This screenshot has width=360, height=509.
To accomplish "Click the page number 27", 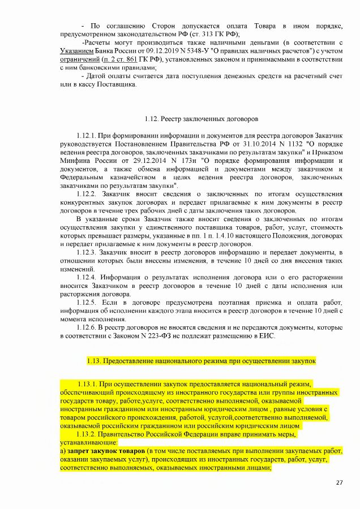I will coord(340,482).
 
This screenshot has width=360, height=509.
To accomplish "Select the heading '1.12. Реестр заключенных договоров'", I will coord(201,119).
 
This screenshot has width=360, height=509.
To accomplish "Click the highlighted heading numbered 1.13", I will coord(201,360).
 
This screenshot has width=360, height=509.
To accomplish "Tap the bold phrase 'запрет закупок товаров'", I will coord(105,451).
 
